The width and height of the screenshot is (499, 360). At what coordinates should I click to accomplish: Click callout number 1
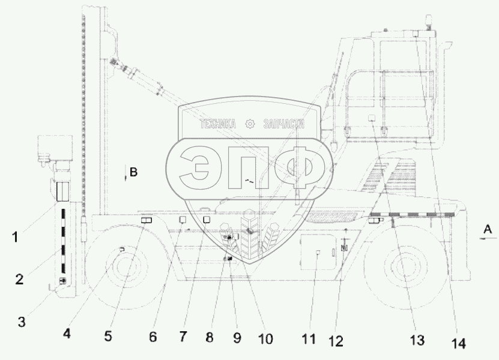pyautogui.click(x=15, y=237)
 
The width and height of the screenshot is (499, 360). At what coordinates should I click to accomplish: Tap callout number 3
pyautogui.click(x=22, y=322)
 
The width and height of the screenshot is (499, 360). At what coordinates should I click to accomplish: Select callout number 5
pyautogui.click(x=108, y=336)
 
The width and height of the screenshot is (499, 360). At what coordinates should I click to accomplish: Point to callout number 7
pyautogui.click(x=183, y=337)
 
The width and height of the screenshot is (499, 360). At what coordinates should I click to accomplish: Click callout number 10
pyautogui.click(x=265, y=339)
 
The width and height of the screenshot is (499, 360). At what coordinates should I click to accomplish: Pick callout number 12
pyautogui.click(x=336, y=341)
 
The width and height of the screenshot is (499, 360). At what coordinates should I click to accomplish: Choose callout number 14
pyautogui.click(x=459, y=344)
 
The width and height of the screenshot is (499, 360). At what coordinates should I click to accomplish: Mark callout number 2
pyautogui.click(x=19, y=279)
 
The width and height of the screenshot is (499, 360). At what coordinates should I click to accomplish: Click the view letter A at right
pyautogui.click(x=488, y=229)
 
